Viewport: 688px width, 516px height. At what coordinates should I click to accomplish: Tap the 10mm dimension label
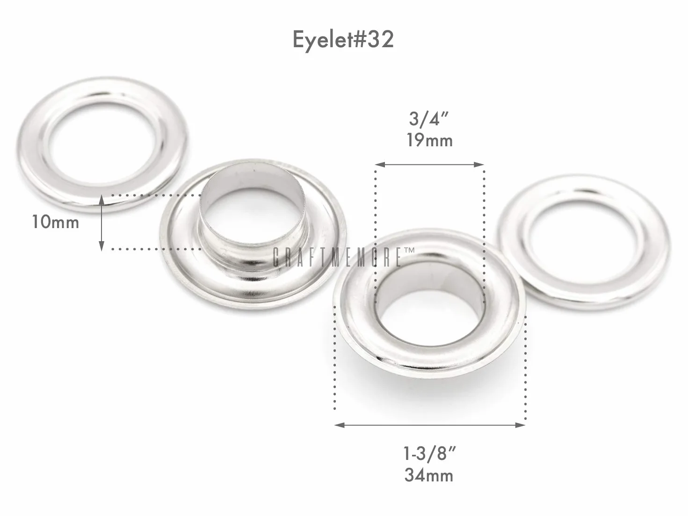(x=56, y=222)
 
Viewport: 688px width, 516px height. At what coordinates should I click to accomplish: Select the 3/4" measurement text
(x=429, y=119)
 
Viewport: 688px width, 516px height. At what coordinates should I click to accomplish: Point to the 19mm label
(x=430, y=140)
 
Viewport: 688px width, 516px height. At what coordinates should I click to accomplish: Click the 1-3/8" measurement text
(x=429, y=454)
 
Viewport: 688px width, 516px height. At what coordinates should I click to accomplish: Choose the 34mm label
(x=429, y=475)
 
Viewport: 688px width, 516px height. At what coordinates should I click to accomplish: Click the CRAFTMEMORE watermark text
(x=337, y=258)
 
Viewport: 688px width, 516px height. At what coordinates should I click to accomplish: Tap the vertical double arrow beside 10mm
(x=101, y=222)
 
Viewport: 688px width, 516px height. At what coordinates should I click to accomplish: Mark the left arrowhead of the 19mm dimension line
(x=380, y=165)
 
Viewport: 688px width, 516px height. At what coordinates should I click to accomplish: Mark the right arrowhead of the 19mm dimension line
(x=479, y=165)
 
